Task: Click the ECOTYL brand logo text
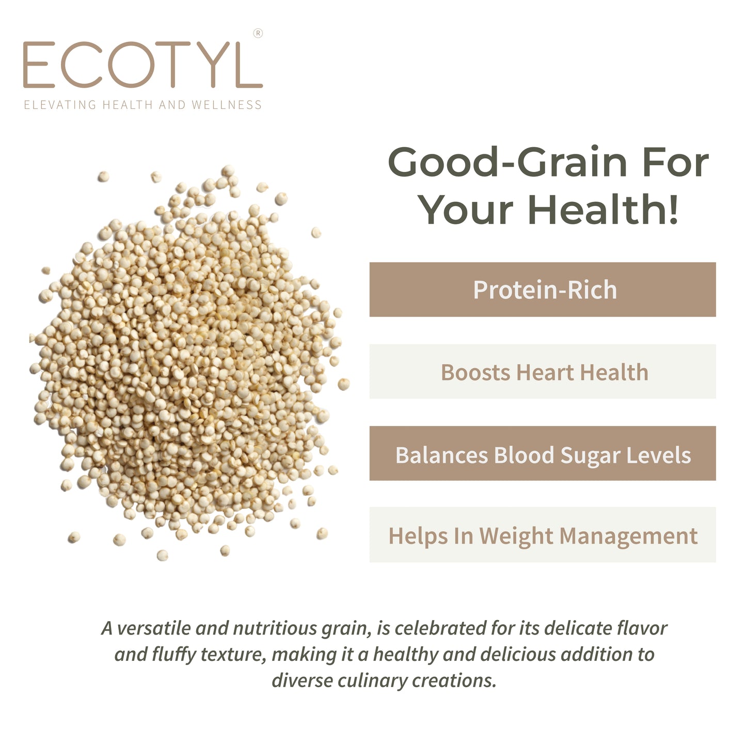142,65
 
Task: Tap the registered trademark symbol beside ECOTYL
258,34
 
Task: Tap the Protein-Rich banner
543,290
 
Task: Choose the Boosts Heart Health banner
543,372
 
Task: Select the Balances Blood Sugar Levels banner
543,454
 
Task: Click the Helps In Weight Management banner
543,535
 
